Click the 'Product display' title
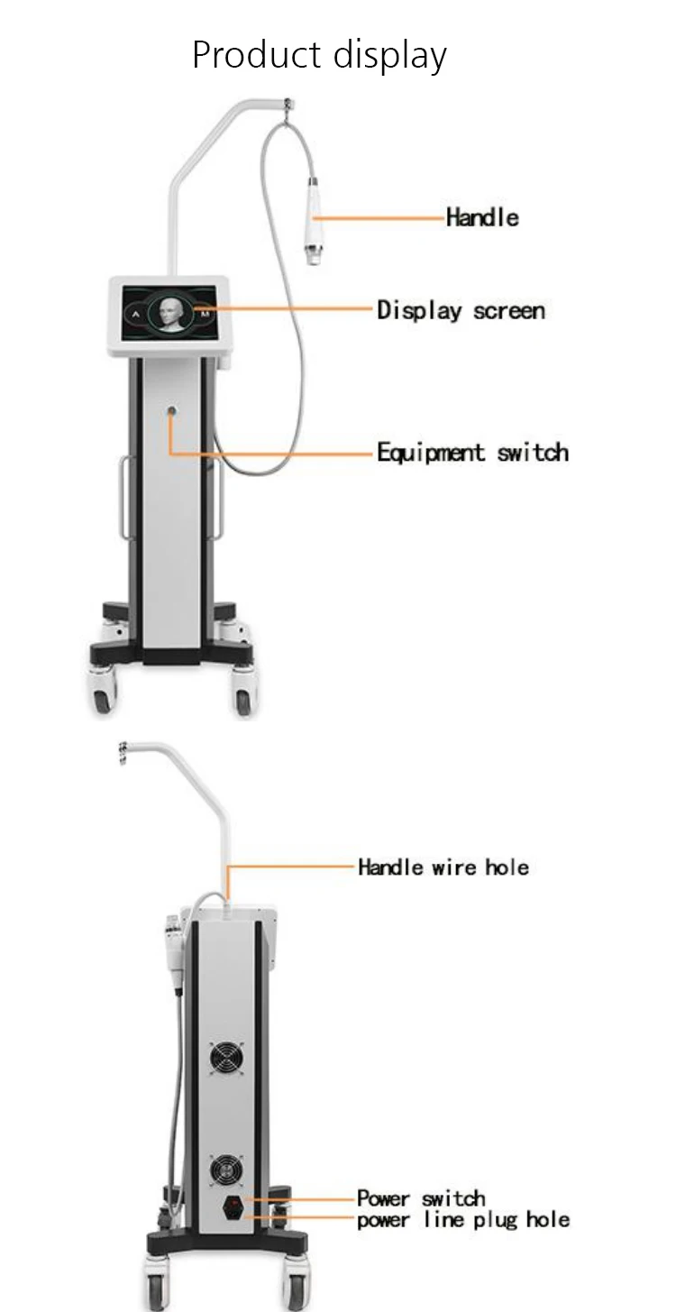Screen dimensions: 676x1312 tap(319, 55)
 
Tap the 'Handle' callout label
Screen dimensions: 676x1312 tap(482, 217)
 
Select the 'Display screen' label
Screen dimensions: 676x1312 tap(461, 311)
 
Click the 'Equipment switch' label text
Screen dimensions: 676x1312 tap(472, 452)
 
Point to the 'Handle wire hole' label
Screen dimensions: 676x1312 tap(443, 867)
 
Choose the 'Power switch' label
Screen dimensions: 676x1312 tap(421, 1198)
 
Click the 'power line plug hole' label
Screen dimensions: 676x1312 tap(463, 1220)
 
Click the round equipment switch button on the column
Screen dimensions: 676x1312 tap(171, 411)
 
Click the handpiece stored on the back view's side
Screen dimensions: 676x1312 tap(171, 938)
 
